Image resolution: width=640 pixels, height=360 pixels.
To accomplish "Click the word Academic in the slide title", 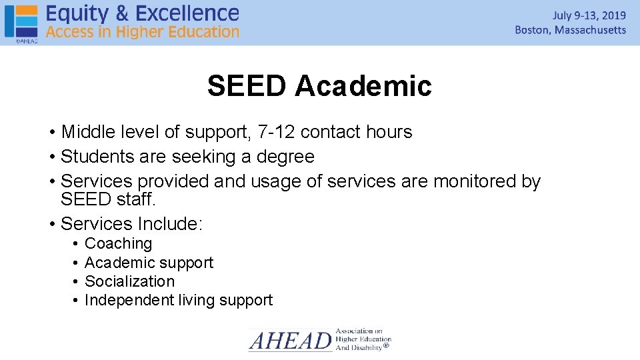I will coord(363,86).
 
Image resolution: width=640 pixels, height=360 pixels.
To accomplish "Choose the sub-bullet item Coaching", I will coord(119,244).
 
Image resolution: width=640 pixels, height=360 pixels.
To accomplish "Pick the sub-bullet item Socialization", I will coord(129,281).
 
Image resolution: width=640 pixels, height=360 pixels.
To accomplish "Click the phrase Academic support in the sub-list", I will coord(149,263).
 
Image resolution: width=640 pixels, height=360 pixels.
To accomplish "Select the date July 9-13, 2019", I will coord(589,15).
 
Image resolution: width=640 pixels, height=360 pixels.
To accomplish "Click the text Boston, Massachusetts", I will coord(570,30).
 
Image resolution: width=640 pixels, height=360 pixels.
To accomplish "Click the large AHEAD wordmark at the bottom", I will coord(290,341).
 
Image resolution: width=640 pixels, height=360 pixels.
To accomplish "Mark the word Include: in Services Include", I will coord(169,224).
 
